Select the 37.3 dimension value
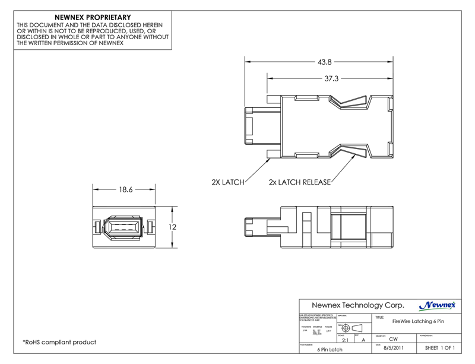[x=331, y=78]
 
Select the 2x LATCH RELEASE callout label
[x=299, y=182]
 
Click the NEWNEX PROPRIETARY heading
[x=93, y=18]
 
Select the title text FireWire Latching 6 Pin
[x=418, y=321]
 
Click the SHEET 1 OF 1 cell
[x=440, y=349]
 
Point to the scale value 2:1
[x=345, y=340]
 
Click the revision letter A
[x=363, y=340]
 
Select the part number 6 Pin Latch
[x=331, y=350]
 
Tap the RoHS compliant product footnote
[x=59, y=343]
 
